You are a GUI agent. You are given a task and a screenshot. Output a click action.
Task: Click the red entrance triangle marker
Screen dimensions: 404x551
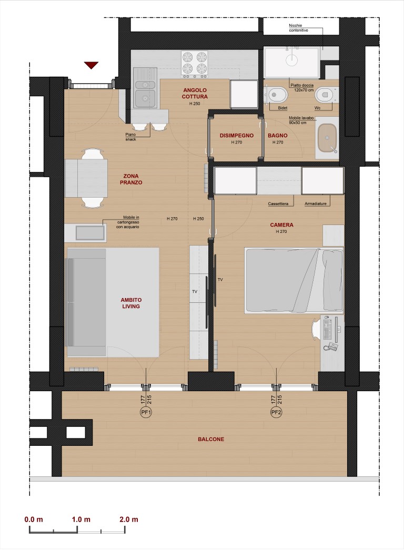(x=91, y=65)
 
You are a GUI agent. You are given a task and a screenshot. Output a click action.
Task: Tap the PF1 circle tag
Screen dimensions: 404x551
(x=146, y=412)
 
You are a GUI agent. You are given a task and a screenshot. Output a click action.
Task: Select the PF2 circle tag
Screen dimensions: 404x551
(x=276, y=412)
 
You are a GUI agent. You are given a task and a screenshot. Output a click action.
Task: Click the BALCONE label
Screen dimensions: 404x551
(x=211, y=439)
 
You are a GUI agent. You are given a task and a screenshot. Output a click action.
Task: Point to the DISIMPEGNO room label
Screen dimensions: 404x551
(x=237, y=135)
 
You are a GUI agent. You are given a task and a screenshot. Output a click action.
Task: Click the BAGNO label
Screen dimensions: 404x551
(x=278, y=135)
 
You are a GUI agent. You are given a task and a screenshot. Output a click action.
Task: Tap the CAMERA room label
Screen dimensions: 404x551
(x=281, y=225)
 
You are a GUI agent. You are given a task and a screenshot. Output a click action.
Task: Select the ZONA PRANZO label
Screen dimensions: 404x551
(x=131, y=179)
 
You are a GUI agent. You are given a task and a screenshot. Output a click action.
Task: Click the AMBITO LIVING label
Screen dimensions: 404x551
(x=131, y=303)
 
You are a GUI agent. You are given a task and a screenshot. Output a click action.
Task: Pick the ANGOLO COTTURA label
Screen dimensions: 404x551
(x=195, y=93)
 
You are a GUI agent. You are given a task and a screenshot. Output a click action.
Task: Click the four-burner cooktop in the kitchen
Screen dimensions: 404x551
(x=195, y=64)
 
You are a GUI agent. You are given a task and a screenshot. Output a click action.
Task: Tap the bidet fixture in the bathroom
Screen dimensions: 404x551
(x=276, y=95)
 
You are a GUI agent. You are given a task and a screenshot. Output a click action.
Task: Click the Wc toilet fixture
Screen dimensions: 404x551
(x=327, y=95)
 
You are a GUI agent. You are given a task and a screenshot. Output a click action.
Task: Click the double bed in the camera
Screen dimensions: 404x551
(x=294, y=280)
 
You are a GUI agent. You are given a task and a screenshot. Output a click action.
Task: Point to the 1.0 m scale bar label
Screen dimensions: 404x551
(x=81, y=519)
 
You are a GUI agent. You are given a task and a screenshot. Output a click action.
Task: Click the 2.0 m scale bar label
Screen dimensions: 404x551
(x=129, y=519)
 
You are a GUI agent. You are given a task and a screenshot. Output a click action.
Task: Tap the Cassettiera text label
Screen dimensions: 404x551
(x=278, y=204)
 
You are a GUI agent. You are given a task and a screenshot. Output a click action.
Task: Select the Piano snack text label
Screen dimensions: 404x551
(x=131, y=137)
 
